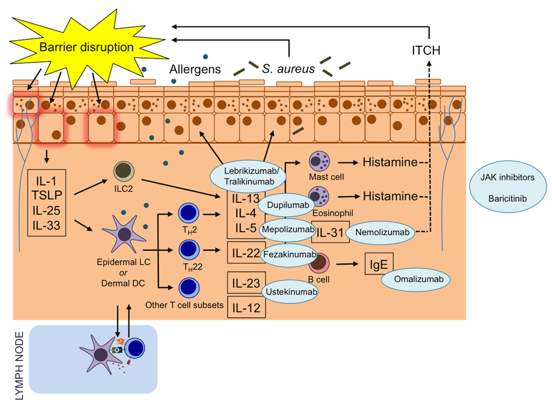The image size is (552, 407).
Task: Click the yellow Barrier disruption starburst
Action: [x=86, y=47]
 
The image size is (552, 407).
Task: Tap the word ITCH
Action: [x=426, y=50]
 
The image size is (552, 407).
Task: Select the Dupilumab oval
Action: [x=288, y=205]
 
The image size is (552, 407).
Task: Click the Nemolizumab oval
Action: [x=382, y=232]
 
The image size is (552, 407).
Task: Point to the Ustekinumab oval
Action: [x=291, y=292]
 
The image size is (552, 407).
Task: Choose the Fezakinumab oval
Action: [x=289, y=254]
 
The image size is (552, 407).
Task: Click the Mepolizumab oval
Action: [x=288, y=230]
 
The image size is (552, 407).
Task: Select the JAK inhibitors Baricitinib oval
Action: [x=508, y=187]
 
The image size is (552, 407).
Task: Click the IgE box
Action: [x=379, y=264]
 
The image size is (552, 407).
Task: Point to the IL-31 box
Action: [x=330, y=232]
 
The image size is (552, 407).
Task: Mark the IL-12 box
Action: [x=246, y=308]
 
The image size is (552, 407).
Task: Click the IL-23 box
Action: [x=246, y=283]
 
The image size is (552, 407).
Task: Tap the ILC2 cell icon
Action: [x=124, y=171]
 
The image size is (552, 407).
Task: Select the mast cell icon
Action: [x=319, y=161]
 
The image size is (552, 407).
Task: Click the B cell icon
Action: [x=319, y=263]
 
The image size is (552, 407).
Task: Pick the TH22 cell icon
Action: [x=189, y=250]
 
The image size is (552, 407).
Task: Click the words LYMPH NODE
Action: [x=20, y=366]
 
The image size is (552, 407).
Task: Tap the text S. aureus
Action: [x=288, y=68]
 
